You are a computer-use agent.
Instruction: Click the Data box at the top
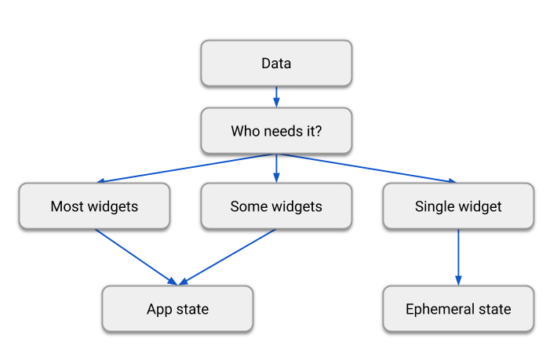276,64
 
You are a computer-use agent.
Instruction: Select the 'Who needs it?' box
276,131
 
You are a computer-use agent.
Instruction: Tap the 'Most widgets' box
94,206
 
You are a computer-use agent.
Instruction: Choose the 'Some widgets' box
276,206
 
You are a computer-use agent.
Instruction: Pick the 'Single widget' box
458,206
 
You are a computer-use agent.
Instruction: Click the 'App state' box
177,308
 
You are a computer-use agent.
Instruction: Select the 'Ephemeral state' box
458,308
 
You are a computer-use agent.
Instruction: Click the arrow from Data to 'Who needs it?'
276,96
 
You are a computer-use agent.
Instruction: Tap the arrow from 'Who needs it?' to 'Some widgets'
276,168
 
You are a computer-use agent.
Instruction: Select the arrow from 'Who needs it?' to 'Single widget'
367,168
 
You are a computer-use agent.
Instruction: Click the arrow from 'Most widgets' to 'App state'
136,256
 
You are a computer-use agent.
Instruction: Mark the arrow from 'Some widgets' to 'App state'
228,256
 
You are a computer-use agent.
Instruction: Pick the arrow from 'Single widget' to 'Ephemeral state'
458,256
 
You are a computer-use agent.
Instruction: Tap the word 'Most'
66,207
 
